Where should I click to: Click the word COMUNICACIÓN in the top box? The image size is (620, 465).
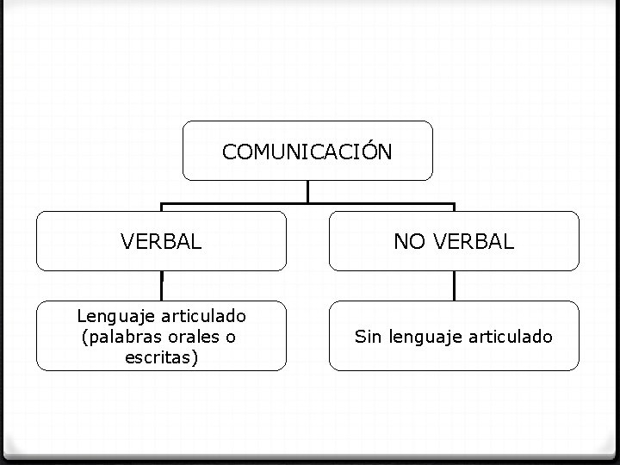coord(307,152)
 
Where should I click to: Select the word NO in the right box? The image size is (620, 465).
coord(408,242)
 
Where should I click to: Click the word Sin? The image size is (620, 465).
coord(368,337)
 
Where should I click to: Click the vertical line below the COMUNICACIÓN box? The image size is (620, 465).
coord(308,192)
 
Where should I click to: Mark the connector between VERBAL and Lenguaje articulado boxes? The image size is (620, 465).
coord(162,286)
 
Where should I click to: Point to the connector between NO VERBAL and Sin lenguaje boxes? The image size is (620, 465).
coord(454,286)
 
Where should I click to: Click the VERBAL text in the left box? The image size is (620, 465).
coord(162,242)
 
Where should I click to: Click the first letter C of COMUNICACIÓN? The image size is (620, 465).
coord(229,152)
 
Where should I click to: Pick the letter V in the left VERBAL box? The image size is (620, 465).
coord(127,242)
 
